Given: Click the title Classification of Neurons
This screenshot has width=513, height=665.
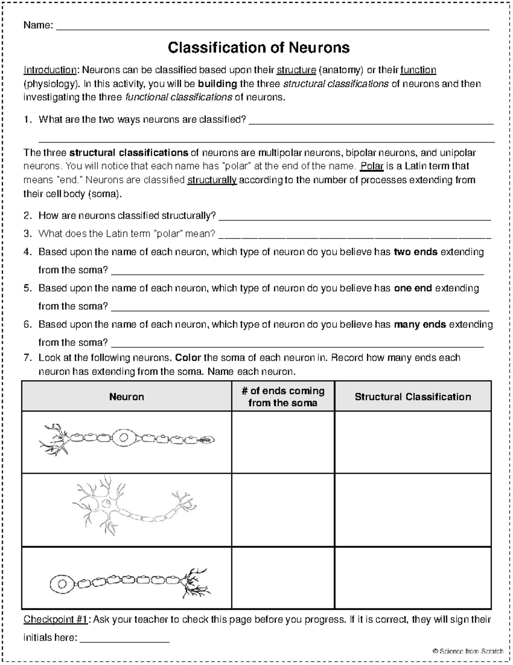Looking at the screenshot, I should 259,48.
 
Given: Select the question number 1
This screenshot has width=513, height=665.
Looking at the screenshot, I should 27,120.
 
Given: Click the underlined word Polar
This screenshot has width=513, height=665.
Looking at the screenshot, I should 372,166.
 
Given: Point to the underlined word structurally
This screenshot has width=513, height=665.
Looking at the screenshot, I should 212,180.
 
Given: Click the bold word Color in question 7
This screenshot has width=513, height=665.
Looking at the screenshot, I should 189,358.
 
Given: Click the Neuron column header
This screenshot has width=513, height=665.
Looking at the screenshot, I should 127,397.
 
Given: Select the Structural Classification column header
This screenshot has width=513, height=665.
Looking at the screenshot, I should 413,397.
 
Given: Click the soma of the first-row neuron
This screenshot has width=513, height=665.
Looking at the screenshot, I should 124,438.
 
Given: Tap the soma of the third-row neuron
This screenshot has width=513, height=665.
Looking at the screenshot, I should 62,583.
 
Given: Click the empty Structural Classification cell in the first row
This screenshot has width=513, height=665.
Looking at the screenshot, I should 413,442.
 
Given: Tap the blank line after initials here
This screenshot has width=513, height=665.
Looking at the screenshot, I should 125,638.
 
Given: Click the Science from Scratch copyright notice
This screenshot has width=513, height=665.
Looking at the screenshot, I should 468,652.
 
